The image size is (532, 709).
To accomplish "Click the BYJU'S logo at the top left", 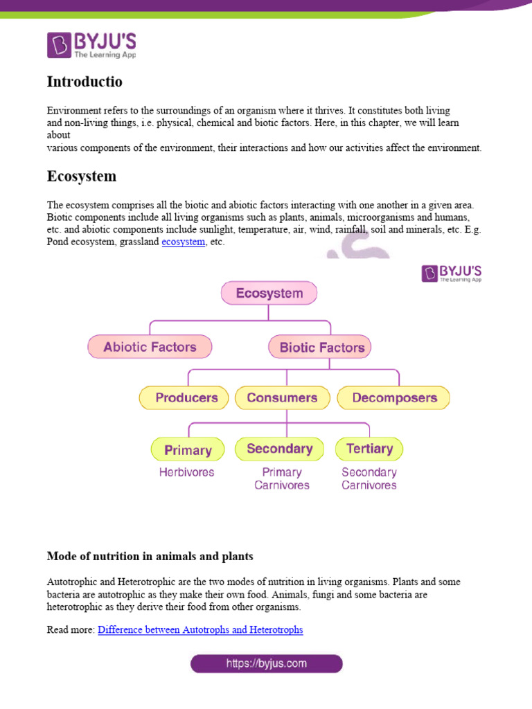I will click(x=91, y=45).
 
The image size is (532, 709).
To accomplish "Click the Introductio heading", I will click(x=85, y=82).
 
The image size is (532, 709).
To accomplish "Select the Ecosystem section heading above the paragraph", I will click(x=82, y=176).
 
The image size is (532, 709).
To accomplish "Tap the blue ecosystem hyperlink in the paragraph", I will click(x=183, y=242).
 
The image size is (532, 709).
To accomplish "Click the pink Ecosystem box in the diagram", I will click(x=269, y=293).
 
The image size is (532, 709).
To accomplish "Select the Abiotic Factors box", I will click(x=150, y=347).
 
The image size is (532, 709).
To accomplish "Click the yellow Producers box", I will click(x=186, y=397).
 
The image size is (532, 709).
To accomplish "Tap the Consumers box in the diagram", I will click(x=282, y=397).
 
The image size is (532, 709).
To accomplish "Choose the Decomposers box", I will click(x=394, y=397).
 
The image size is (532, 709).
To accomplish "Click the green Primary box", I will click(x=188, y=449).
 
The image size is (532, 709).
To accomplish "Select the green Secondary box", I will click(x=279, y=449).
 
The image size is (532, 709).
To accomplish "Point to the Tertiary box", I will click(x=369, y=449).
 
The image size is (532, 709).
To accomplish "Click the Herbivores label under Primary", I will click(x=186, y=472).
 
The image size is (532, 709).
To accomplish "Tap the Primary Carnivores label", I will click(x=282, y=478).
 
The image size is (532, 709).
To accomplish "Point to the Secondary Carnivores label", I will click(x=369, y=478).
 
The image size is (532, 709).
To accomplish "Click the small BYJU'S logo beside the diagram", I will click(x=452, y=273).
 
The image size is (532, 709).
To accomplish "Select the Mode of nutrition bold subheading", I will click(x=150, y=556).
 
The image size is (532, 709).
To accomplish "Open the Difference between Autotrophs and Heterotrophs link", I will click(x=200, y=630).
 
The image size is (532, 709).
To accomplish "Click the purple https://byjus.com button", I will click(x=267, y=664).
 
